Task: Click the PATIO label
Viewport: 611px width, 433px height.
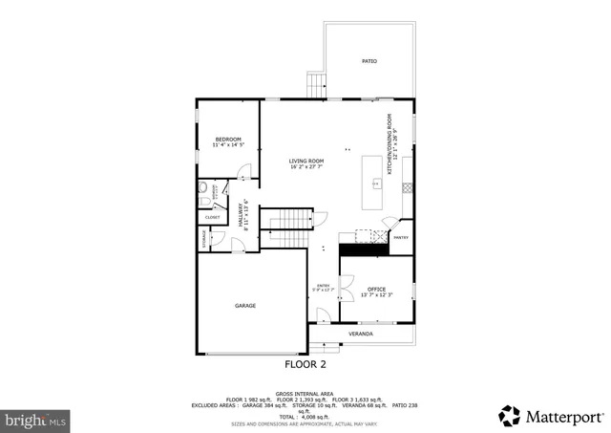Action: (369, 61)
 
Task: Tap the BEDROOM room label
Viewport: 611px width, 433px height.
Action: (228, 139)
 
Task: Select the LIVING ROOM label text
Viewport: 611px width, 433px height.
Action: (307, 161)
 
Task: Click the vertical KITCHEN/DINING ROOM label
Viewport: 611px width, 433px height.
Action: (390, 143)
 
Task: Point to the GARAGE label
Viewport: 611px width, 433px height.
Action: (245, 306)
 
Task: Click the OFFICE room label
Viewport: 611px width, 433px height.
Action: (376, 289)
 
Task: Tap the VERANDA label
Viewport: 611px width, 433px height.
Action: (360, 334)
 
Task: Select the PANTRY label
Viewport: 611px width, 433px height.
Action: (401, 238)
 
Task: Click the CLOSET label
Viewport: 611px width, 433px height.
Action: (212, 218)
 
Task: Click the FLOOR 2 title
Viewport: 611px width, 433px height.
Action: (305, 364)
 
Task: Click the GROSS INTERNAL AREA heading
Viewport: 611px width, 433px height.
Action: (305, 393)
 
